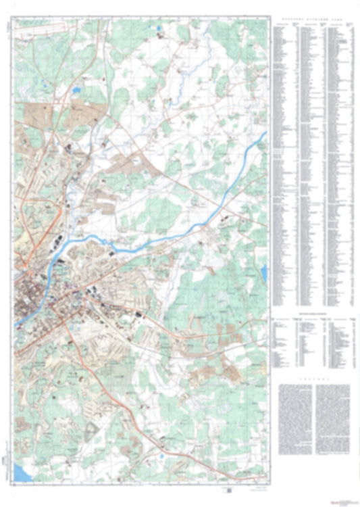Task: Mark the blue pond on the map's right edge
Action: [x=264, y=272]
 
